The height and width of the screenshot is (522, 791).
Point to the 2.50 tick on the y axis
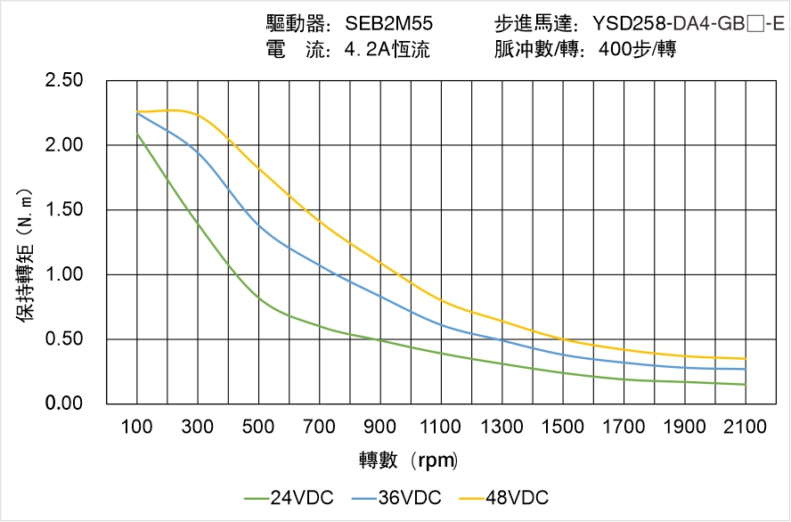point(63,81)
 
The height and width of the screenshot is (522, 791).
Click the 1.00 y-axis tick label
point(63,274)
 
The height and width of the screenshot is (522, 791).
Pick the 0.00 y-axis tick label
point(63,404)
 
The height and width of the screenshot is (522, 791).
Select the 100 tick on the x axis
point(137,427)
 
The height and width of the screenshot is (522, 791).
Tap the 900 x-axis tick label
point(380,427)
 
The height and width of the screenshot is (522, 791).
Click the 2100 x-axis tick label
point(746,427)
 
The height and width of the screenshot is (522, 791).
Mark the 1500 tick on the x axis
point(563,427)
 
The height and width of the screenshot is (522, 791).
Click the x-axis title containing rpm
point(409,460)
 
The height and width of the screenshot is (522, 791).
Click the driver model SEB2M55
point(389,24)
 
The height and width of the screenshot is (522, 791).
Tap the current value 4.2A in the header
point(371,50)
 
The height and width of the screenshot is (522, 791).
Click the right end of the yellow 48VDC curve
point(746,359)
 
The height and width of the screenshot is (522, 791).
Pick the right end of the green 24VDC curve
point(746,385)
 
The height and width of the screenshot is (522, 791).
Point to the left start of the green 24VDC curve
point(137,134)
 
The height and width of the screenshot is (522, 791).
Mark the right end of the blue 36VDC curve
point(746,369)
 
